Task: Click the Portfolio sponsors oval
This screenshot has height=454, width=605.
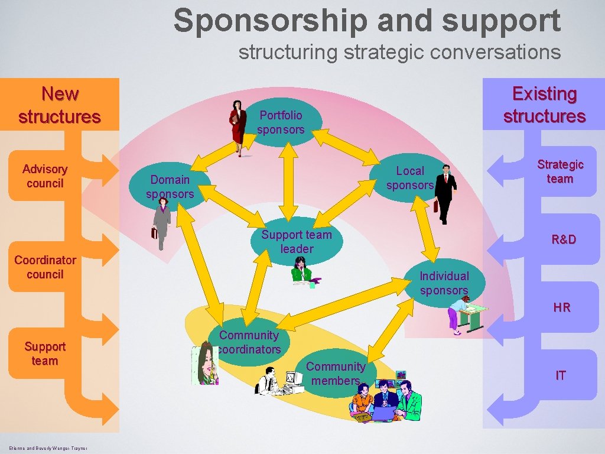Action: point(282,122)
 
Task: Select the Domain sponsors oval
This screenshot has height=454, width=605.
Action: point(170,187)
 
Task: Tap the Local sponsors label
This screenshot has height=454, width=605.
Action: point(410,178)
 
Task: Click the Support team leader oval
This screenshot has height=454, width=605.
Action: point(297,242)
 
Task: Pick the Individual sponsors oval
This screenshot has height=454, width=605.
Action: point(444,283)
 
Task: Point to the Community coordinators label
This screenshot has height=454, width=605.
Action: point(249,342)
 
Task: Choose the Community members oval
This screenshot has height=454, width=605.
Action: point(336,374)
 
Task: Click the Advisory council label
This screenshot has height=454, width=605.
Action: point(45,176)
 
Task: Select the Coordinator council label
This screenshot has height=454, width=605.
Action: point(45,267)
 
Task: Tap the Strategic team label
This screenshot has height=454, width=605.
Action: point(560,171)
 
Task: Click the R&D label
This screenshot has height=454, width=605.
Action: point(564,239)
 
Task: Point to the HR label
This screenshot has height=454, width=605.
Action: point(562,307)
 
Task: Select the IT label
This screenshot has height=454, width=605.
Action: point(561,375)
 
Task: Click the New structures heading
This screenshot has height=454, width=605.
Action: point(60,105)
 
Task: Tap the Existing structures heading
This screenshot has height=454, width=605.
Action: point(544,105)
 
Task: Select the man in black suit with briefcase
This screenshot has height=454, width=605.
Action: point(445,193)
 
